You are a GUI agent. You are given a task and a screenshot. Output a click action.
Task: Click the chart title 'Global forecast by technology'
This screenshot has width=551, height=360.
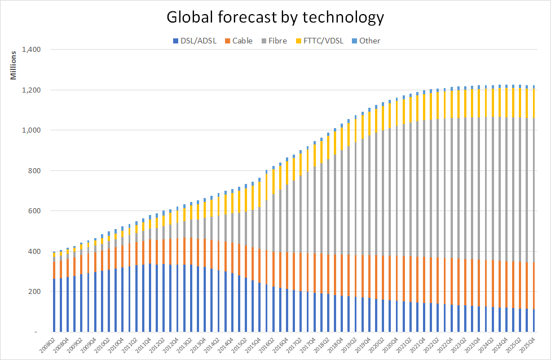(x=275, y=17)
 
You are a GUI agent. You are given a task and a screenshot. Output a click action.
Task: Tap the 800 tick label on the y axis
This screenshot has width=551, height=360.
(x=36, y=171)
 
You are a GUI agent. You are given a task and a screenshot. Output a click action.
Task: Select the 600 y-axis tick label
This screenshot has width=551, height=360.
(x=36, y=211)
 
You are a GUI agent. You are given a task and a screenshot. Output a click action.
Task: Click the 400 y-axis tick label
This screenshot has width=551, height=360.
(x=36, y=252)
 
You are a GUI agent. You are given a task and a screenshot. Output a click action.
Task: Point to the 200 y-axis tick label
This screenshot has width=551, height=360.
(x=36, y=292)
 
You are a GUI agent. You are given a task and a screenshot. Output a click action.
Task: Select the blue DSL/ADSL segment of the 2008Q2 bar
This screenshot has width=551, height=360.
(x=54, y=305)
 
